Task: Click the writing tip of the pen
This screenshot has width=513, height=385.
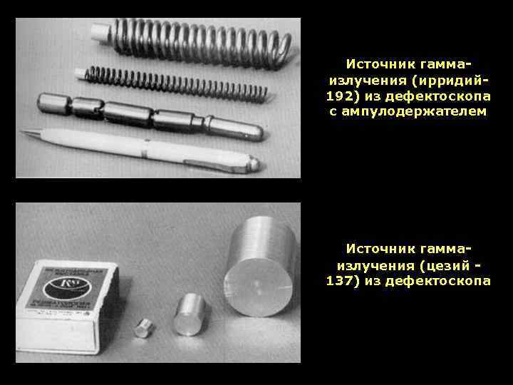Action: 23,132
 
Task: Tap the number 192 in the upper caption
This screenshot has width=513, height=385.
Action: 338,95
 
